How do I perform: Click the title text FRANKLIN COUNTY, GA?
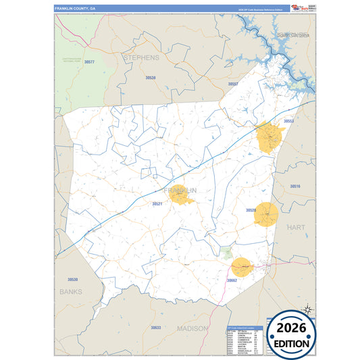tap(76, 8)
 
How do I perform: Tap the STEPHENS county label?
tap(141, 58)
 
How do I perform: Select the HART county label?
tap(295, 228)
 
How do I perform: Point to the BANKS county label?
tap(70, 292)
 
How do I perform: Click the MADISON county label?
tap(192, 328)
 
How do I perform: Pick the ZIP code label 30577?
tap(88, 62)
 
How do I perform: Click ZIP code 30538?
tap(149, 78)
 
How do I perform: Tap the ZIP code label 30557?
tap(233, 84)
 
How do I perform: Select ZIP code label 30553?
tap(288, 121)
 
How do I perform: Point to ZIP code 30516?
tap(295, 186)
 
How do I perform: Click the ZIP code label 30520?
tap(251, 210)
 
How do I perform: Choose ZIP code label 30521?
tap(157, 203)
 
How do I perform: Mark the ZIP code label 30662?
tap(232, 280)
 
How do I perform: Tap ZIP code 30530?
tap(72, 279)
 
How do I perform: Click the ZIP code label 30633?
tap(156, 327)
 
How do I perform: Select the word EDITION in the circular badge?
tap(292, 343)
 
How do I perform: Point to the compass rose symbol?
tap(307, 309)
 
